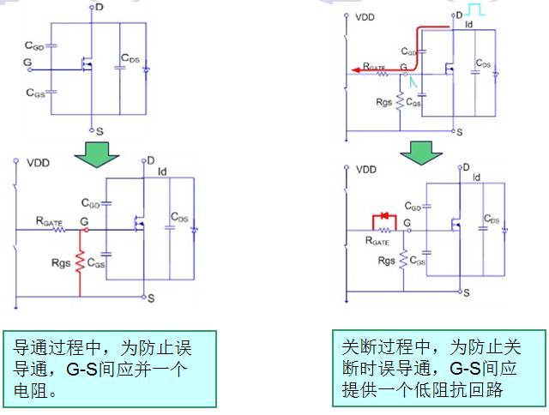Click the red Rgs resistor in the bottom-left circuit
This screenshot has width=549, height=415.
tap(80, 263)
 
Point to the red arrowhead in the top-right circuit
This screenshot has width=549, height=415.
tap(353, 72)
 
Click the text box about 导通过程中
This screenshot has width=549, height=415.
tap(110, 368)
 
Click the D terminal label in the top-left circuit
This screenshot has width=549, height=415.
tap(100, 8)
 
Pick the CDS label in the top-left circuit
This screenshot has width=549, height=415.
tap(130, 58)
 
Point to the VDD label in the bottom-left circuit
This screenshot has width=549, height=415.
tap(37, 162)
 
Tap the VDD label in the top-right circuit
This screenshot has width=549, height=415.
tap(365, 16)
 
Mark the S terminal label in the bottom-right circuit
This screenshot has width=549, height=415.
tap(466, 292)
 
